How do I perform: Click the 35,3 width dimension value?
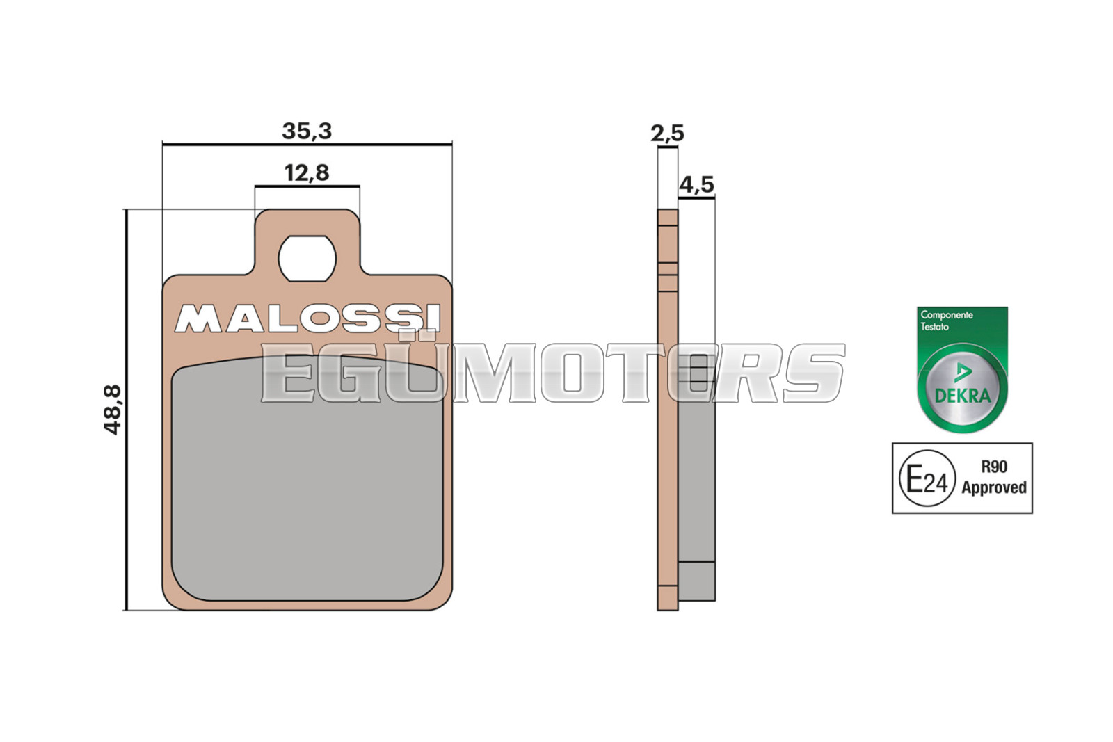[307, 131]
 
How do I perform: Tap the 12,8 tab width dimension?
[307, 173]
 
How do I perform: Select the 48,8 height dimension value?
[112, 410]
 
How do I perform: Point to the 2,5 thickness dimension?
[667, 133]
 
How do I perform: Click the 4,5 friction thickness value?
[696, 185]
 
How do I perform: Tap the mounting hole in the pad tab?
[307, 259]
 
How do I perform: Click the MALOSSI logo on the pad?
[307, 318]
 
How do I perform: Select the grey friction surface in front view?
[307, 478]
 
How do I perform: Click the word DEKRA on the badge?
[963, 395]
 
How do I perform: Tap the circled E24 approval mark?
[927, 478]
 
